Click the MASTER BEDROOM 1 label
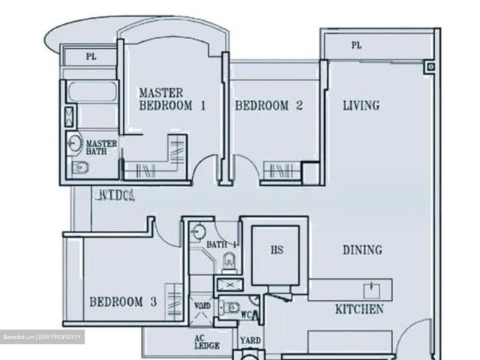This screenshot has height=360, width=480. click(172, 99)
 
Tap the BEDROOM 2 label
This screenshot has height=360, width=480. click(269, 106)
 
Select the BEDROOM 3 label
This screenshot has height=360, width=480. click(123, 302)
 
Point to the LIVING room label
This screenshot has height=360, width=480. click(361, 106)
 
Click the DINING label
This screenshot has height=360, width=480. click(362, 250)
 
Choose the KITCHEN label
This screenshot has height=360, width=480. click(359, 309)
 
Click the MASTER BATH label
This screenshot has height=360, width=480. click(101, 147)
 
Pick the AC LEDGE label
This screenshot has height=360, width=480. click(207, 342)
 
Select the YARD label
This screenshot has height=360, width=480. click(250, 340)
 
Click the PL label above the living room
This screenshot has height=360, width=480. click(356, 46)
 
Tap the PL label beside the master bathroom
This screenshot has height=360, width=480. click(91, 56)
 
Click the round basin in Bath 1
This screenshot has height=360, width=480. click(198, 231)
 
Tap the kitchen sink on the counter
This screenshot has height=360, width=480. click(370, 289)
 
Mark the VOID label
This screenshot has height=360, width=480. click(202, 306)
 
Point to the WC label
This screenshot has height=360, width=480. click(246, 315)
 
